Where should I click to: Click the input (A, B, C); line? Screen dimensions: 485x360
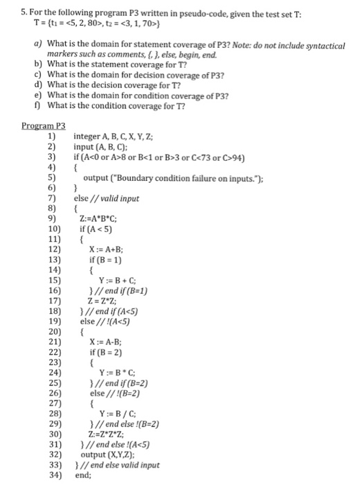click(100, 146)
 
